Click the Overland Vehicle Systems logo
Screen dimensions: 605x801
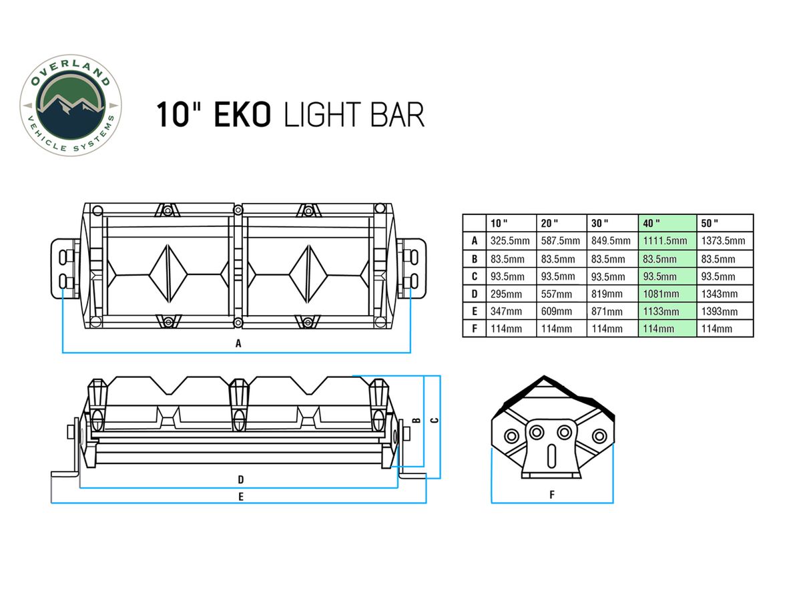70,105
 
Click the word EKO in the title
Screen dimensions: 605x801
242,115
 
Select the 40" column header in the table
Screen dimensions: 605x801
651,223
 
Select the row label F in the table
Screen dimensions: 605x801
474,329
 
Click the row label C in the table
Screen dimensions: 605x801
474,276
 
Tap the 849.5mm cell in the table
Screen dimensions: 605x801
611,240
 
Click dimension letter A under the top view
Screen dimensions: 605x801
238,344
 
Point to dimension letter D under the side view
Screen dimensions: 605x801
240,479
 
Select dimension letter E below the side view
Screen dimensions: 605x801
240,496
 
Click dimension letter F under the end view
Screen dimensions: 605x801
551,495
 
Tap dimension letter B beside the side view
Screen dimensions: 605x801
415,420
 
